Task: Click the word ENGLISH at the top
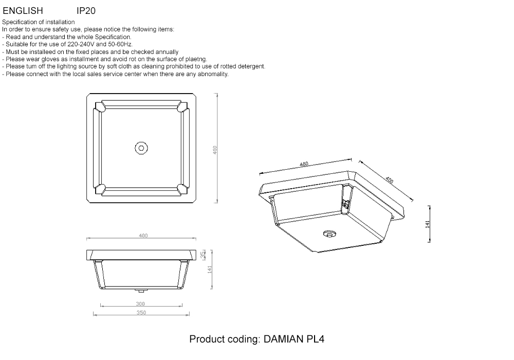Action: pos(23,11)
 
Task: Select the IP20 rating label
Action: pos(86,11)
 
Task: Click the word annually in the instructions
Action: pos(167,52)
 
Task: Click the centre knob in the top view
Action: pos(141,148)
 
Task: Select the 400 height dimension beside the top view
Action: pos(215,150)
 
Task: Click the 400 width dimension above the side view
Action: pos(143,236)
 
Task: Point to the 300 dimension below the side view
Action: pos(140,303)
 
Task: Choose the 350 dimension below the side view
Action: pos(141,313)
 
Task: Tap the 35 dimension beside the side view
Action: pos(203,254)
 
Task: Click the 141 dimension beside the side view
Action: pos(210,269)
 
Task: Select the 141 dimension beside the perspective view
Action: pos(427,224)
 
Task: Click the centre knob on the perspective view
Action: pos(329,234)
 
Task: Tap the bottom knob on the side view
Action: pos(141,291)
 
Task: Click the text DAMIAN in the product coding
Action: pos(284,339)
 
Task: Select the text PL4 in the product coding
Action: pos(316,339)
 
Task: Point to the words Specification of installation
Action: pos(39,22)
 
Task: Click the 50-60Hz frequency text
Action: pos(120,44)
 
